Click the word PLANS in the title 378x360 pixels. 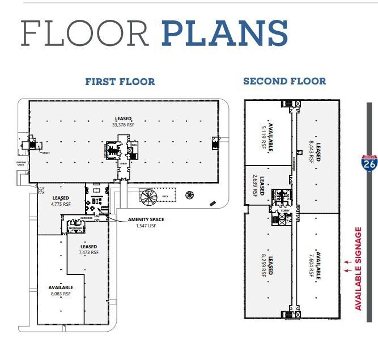tap(224, 33)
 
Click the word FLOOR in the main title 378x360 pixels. tap(85, 34)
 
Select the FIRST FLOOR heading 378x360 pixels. tap(120, 82)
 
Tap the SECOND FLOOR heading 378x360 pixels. tap(284, 81)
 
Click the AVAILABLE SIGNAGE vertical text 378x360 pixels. tap(358, 268)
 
